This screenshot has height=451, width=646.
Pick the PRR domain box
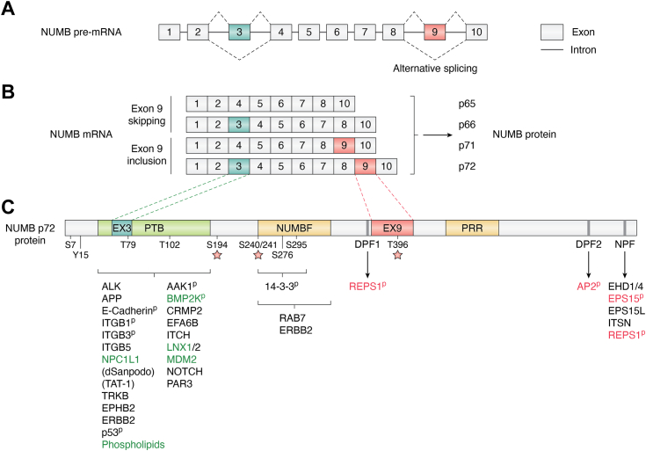pos(472,229)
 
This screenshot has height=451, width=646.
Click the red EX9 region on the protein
pos(392,229)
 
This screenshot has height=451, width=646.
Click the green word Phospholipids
pos(134,445)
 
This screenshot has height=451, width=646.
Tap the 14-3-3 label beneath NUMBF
pos(281,287)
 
